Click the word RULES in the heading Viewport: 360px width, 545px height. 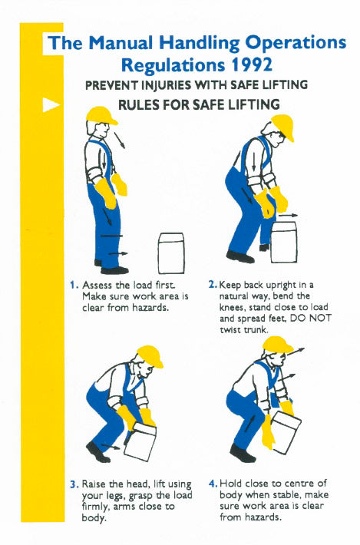point(142,104)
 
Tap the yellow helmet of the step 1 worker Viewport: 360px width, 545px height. point(101,116)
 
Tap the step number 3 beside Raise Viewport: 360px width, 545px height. point(73,484)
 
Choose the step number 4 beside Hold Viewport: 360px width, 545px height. point(212,484)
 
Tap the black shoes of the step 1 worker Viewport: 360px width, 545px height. point(113,268)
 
